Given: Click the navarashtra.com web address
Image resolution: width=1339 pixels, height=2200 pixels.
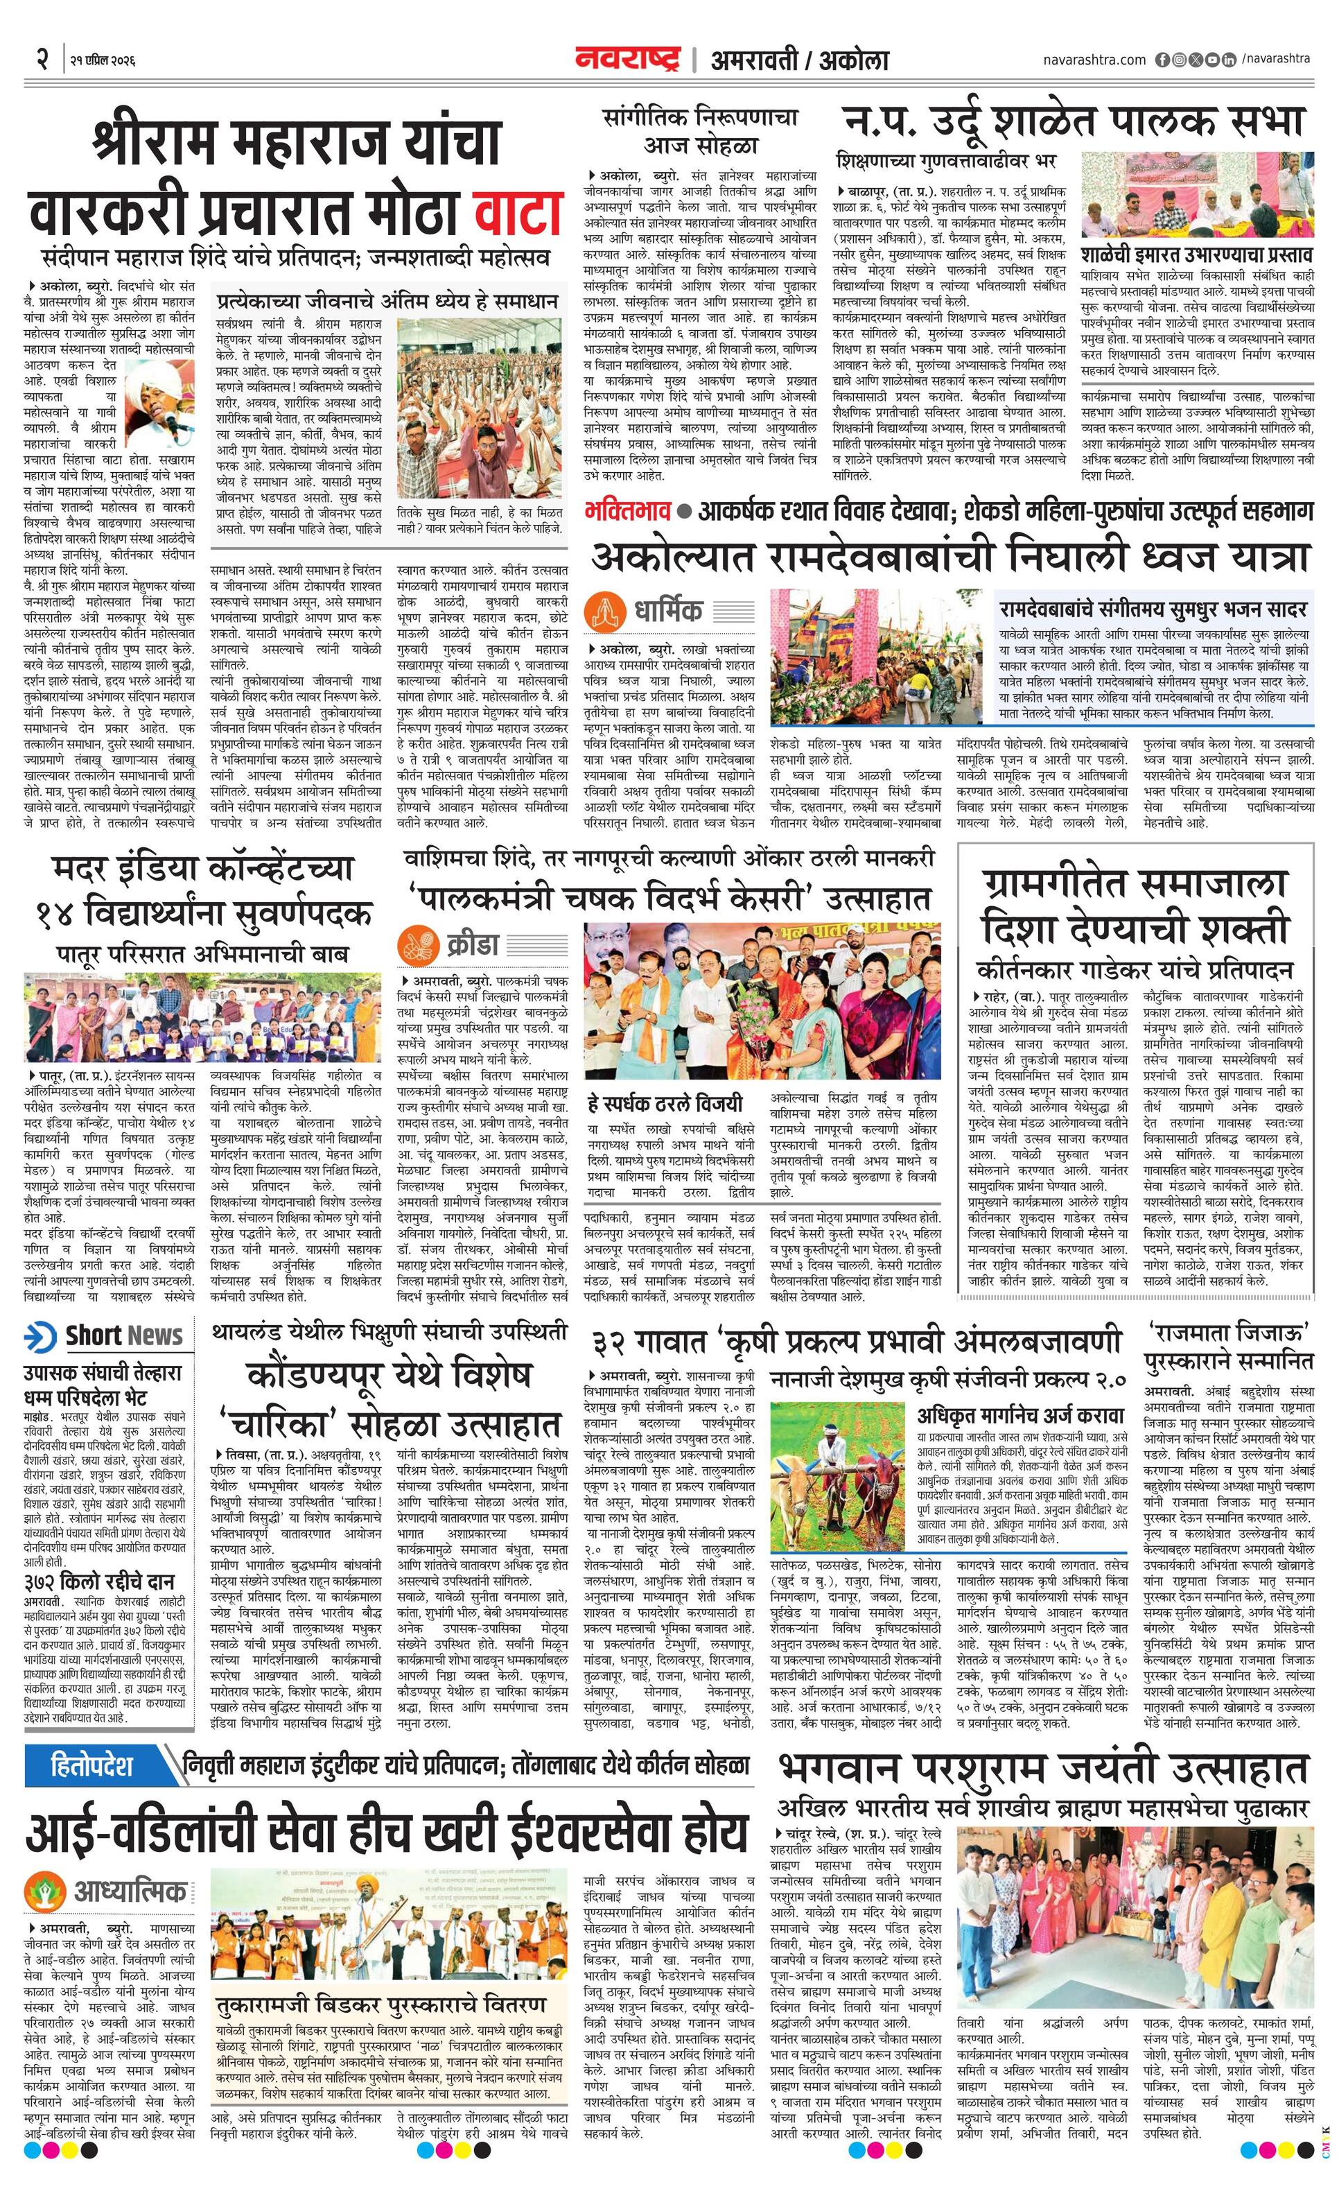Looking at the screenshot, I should click(x=1094, y=60).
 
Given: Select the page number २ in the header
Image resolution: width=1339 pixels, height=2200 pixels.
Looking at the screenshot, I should click(x=41, y=59).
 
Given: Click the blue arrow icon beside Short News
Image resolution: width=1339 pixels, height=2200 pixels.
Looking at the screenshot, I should click(x=40, y=1337).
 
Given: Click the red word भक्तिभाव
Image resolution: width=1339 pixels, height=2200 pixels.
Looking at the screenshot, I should click(x=627, y=512).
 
